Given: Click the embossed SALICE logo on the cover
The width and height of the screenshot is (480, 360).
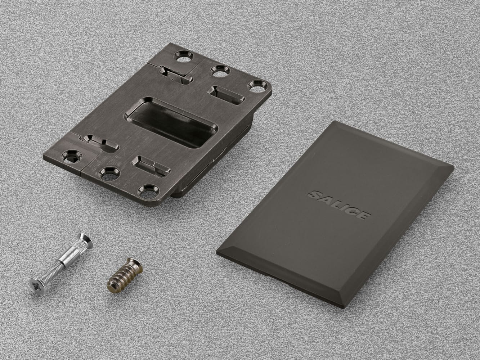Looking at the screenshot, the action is (339, 205).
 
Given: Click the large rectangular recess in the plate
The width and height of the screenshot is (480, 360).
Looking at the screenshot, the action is (171, 123).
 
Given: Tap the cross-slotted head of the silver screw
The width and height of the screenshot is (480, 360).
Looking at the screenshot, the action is (37, 286).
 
